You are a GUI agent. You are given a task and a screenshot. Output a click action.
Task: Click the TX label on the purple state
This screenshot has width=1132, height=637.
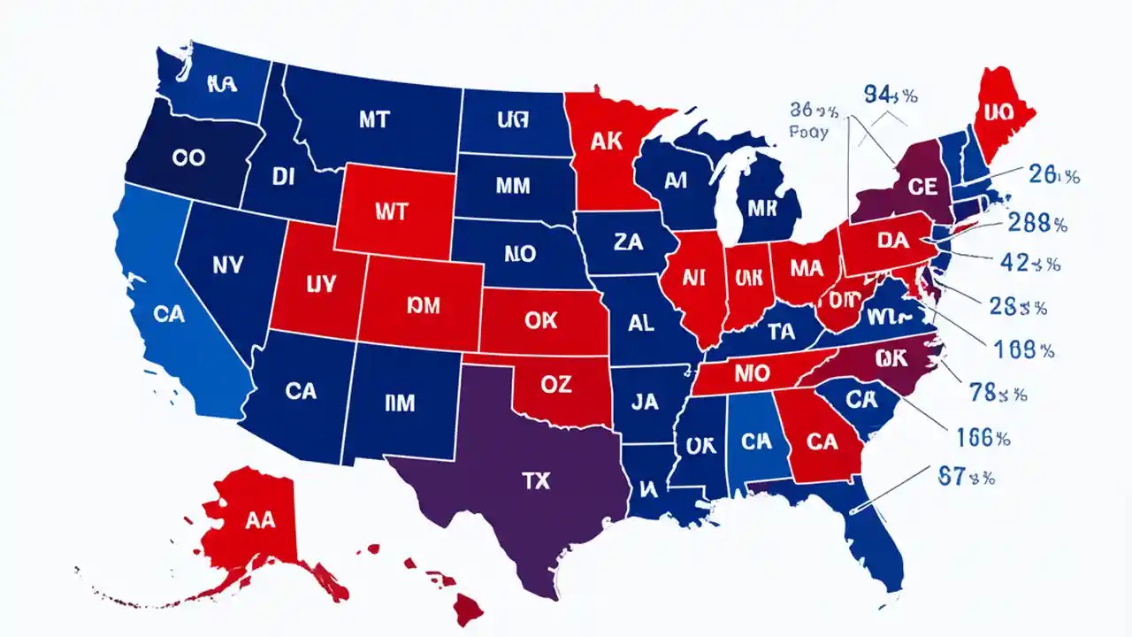tap(535, 480)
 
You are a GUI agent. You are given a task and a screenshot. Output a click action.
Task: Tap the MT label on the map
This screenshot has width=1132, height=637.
tap(373, 119)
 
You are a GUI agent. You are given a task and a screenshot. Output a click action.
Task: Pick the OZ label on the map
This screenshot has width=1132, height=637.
tap(555, 384)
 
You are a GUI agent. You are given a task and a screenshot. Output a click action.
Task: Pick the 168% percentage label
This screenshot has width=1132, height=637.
tap(1024, 350)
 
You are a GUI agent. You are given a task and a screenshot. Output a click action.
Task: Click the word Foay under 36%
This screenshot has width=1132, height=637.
tap(807, 133)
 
